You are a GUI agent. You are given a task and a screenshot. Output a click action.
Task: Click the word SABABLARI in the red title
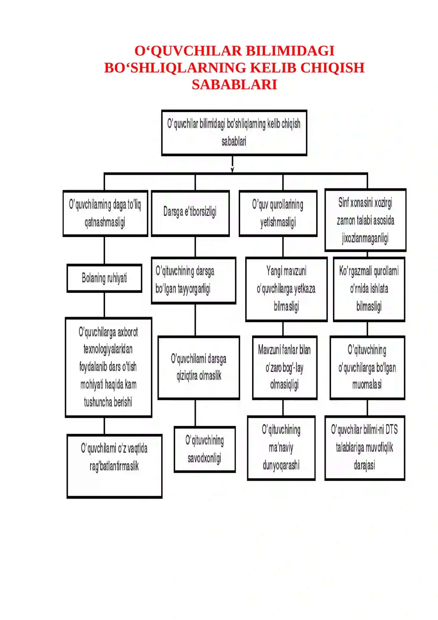coord(234,84)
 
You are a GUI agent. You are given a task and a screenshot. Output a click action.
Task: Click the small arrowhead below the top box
coord(232,170)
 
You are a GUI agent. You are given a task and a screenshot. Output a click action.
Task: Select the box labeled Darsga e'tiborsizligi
coord(190,213)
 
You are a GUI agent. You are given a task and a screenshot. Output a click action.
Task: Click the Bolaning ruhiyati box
coord(104,278)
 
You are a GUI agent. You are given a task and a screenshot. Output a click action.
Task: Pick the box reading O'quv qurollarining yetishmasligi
coord(278,213)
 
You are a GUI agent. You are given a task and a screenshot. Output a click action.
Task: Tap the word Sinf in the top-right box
coord(344,203)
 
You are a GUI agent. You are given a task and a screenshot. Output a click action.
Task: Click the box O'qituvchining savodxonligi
coord(205,449)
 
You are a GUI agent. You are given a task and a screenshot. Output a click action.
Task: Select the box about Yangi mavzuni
coord(286,289)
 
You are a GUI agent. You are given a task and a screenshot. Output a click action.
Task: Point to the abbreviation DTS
coord(391,430)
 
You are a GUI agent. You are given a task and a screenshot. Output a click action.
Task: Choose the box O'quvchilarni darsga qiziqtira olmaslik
coord(199,367)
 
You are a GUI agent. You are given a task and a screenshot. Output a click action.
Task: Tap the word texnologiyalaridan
coord(108,349)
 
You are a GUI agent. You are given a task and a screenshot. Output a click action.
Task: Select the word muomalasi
coord(367,385)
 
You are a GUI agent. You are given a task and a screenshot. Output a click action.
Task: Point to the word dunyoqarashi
coord(281,465)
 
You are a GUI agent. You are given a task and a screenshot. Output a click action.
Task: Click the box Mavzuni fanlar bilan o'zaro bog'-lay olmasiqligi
coord(285,367)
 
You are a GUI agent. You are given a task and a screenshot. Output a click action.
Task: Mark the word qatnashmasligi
coord(105,222)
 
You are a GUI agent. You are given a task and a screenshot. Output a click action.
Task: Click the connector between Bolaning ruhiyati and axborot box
coord(104,305)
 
